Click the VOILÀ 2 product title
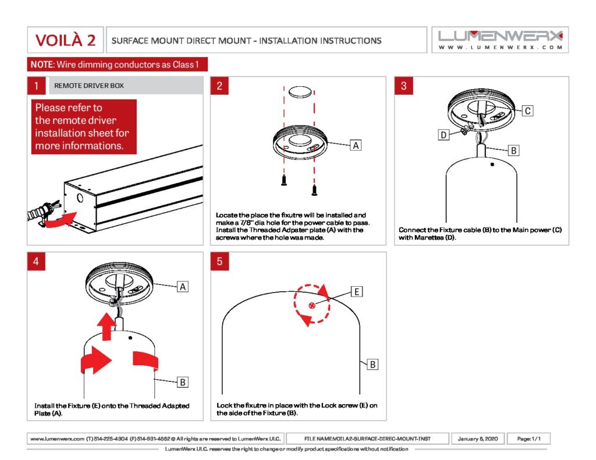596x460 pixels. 65,40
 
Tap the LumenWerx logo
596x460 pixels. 500,40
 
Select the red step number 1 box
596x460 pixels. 36,86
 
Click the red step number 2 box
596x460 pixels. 219,86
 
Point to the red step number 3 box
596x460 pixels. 403,86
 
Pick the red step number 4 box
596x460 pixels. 36,261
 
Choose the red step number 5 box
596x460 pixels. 219,261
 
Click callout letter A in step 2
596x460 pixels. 354,145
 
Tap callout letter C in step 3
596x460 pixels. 527,110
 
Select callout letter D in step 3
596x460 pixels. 443,135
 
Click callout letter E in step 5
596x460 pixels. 356,291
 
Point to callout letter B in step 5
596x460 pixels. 372,365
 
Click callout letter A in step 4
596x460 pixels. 182,286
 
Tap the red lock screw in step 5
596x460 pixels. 312,305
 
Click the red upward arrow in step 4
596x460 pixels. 107,327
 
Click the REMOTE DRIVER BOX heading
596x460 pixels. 89,86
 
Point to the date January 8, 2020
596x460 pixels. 477,438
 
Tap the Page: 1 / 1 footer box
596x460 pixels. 528,438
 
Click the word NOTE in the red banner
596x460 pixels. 41,65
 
